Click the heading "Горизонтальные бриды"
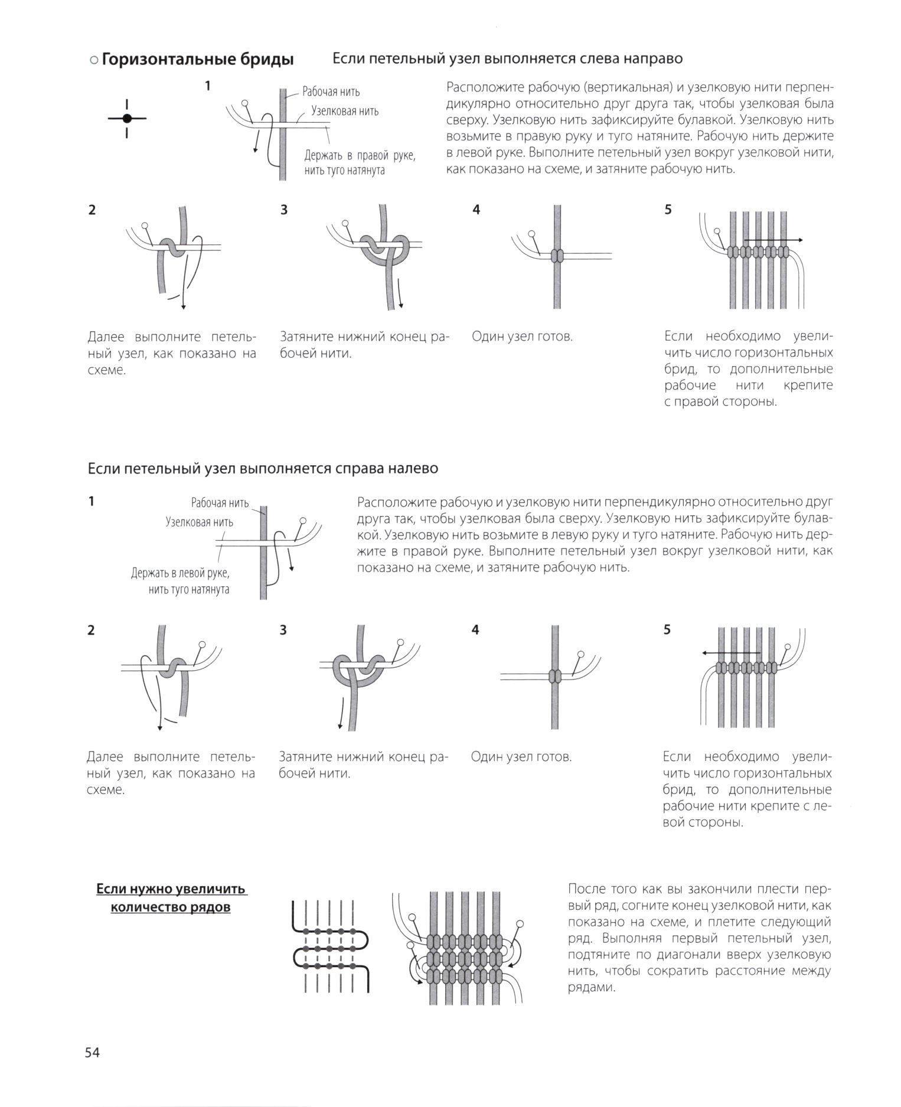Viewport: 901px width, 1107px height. click(197, 60)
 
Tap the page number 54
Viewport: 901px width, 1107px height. click(92, 1052)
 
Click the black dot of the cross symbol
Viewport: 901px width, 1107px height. click(127, 118)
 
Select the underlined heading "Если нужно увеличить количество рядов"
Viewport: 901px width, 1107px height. click(171, 898)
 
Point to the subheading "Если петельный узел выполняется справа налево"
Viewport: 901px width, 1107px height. click(263, 468)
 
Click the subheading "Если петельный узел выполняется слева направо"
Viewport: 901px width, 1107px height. click(507, 58)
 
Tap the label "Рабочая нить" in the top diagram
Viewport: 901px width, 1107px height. click(331, 92)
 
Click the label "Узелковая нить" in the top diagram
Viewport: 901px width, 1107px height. click(345, 111)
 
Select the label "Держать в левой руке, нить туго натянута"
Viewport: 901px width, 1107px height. click(180, 581)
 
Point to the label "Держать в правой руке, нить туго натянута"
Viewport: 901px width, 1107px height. click(360, 163)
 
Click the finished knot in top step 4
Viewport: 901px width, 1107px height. click(557, 256)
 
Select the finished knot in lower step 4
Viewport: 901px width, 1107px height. click(554, 676)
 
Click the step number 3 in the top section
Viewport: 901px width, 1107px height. click(284, 210)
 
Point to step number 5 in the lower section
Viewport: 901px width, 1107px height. click(667, 630)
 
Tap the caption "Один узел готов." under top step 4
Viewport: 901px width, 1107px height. click(522, 337)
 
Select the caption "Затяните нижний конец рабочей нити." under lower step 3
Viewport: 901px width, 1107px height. click(363, 765)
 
